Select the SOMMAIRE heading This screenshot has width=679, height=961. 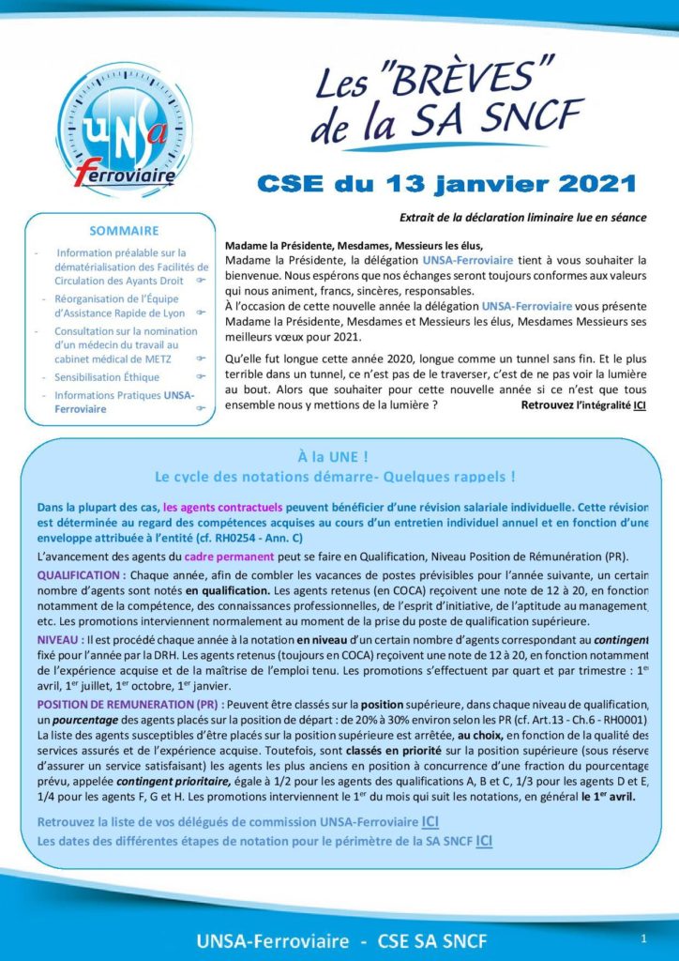click(124, 230)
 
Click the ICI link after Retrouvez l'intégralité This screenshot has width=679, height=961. click(640, 404)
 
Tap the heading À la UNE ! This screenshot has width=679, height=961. click(339, 456)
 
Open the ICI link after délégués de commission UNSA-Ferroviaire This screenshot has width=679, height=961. click(430, 822)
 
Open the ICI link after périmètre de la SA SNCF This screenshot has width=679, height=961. click(485, 840)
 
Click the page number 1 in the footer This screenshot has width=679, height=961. click(643, 938)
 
